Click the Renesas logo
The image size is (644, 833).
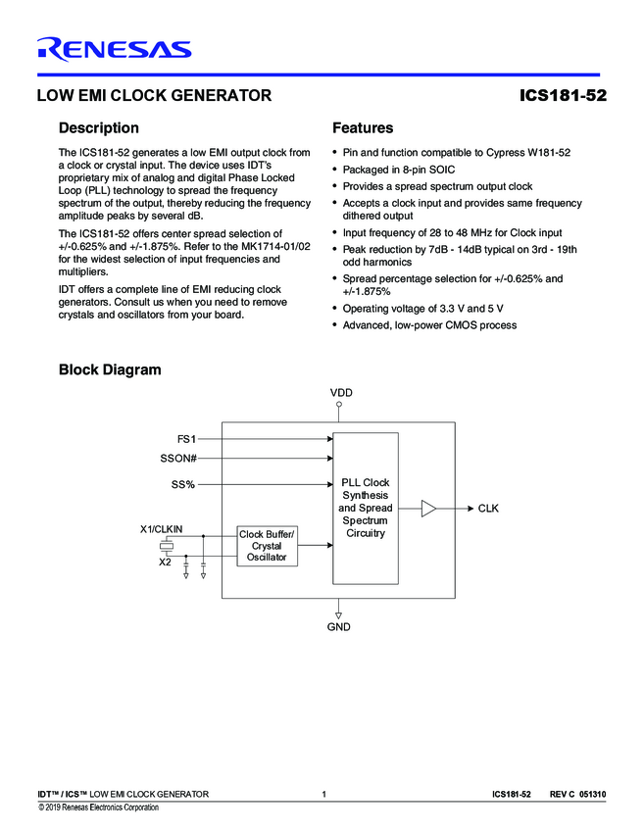(114, 48)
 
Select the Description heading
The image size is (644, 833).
(99, 128)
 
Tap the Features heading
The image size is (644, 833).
(363, 128)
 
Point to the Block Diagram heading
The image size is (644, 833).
(110, 370)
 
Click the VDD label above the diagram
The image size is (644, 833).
(340, 392)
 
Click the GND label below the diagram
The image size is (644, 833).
(339, 626)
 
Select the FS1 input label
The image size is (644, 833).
(186, 439)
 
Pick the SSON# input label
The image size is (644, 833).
(178, 458)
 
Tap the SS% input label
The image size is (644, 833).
(183, 484)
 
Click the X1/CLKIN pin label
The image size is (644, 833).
(163, 529)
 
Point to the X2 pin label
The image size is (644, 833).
(165, 562)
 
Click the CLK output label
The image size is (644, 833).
(488, 509)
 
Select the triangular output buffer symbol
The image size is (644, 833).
(428, 509)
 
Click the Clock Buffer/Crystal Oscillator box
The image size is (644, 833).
(267, 545)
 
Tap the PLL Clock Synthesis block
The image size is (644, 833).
(366, 508)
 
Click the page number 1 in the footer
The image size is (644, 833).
(322, 793)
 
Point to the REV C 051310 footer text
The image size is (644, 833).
(577, 793)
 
